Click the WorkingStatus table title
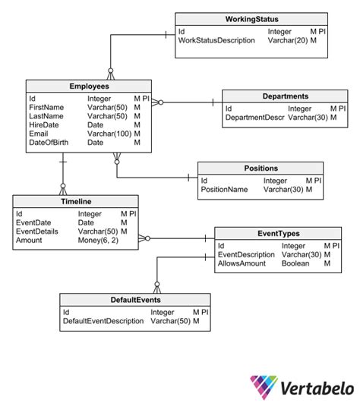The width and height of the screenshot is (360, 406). coord(251,19)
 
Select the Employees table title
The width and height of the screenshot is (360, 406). coord(89,87)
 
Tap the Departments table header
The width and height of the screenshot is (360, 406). coord(286,96)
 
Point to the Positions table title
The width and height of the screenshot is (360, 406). coord(261,168)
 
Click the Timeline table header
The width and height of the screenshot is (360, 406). coord(76,201)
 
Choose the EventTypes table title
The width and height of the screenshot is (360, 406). coord(279,234)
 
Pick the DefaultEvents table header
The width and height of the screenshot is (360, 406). coord(135,300)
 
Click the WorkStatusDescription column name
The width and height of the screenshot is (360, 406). coord(216,40)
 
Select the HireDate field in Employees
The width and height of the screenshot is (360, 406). coord(44,124)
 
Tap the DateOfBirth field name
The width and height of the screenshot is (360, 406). coord(49,143)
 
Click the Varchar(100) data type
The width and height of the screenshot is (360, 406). coord(109,134)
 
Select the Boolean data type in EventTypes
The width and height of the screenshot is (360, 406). coord(295,263)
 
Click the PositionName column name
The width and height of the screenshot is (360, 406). coord(224,189)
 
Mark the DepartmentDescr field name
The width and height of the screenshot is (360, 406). coord(254,118)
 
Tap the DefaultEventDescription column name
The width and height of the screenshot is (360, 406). coord(103,321)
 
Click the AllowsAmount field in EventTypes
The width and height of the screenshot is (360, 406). coord(242,263)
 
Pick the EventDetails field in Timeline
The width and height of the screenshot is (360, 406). coord(37,231)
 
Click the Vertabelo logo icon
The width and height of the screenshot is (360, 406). coord(264,386)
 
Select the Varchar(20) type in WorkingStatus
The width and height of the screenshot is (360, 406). coord(288,40)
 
